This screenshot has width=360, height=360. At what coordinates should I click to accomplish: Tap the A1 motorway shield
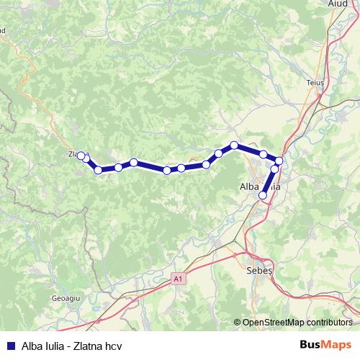click(178, 278)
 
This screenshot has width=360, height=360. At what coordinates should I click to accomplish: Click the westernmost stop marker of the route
click(81, 156)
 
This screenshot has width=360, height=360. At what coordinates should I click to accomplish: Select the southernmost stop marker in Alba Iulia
click(263, 195)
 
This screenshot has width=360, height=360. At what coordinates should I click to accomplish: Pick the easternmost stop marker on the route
click(279, 161)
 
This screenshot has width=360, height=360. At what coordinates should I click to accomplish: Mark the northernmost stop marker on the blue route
click(234, 145)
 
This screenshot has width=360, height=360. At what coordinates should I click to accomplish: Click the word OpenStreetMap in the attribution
click(274, 322)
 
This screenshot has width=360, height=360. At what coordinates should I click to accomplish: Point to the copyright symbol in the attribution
click(237, 322)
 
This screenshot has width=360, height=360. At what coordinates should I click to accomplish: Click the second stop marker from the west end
click(86, 158)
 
